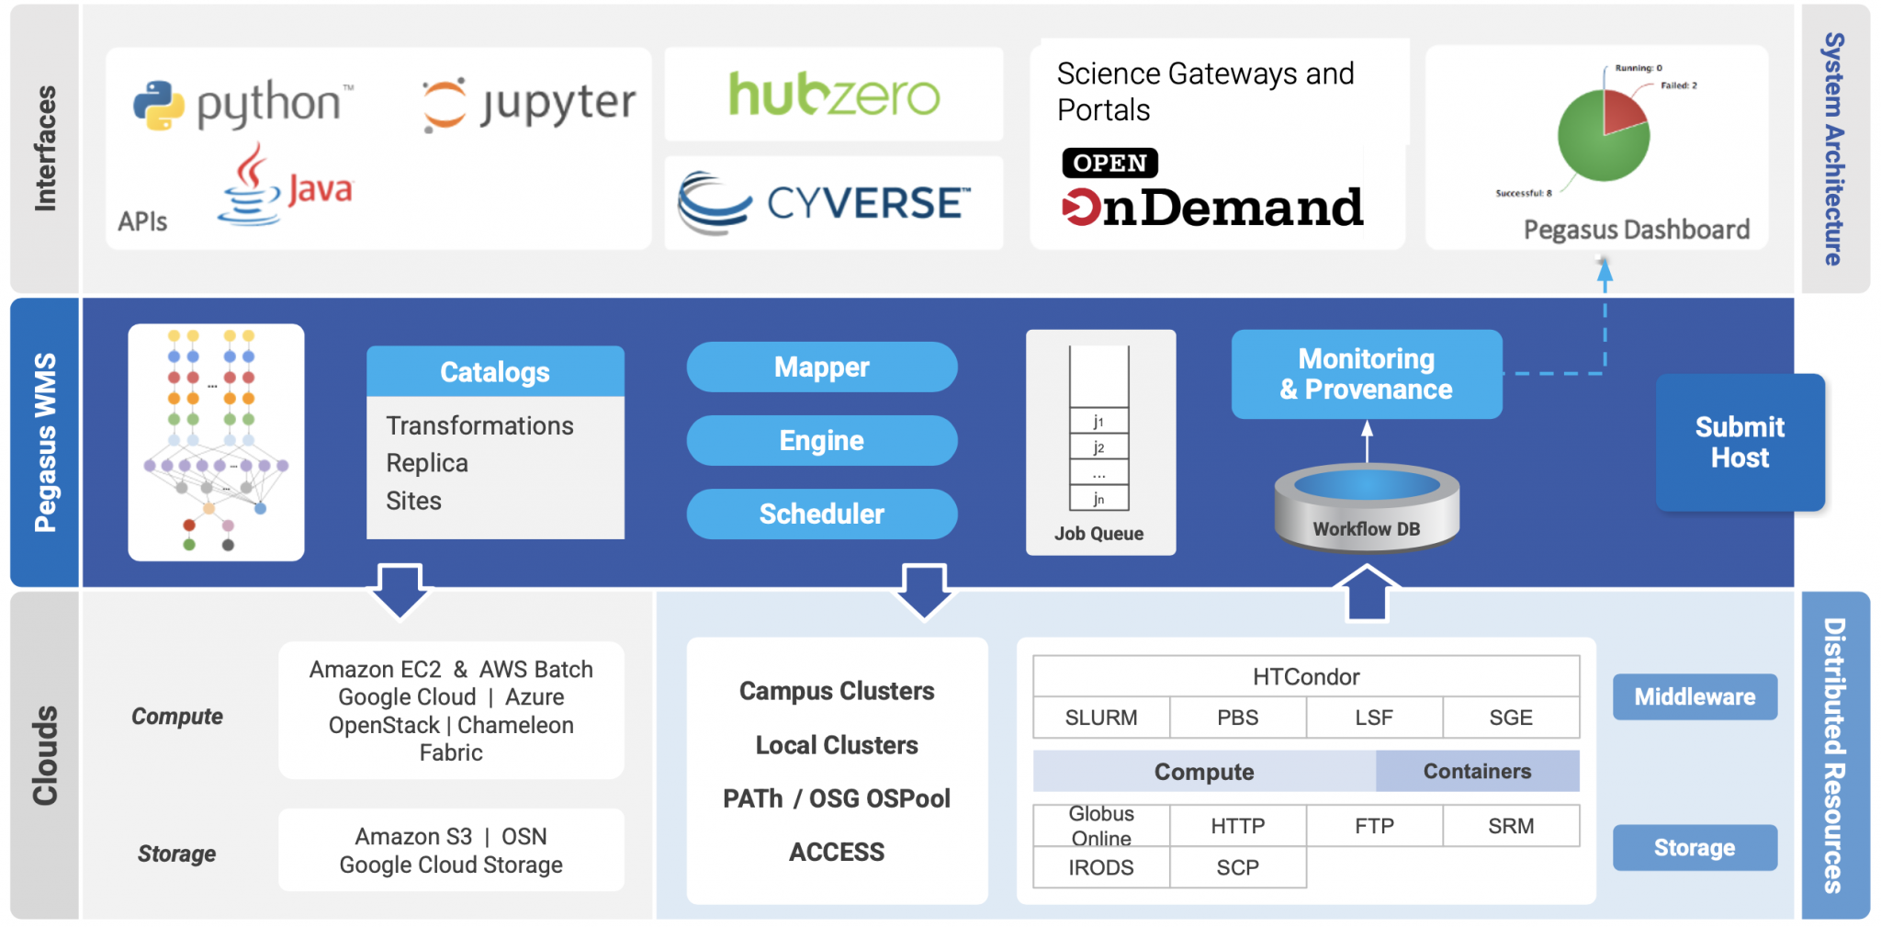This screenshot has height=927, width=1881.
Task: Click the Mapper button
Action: click(822, 367)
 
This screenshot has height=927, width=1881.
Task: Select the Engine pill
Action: click(822, 440)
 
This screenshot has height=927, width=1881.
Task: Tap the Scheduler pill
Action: click(822, 514)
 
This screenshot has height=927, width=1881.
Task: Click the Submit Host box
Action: click(1740, 442)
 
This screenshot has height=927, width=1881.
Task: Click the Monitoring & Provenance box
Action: click(1367, 374)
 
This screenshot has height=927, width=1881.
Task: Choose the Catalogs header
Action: click(495, 371)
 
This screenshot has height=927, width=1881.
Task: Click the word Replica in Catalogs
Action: click(427, 463)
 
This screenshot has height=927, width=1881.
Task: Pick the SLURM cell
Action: click(1101, 718)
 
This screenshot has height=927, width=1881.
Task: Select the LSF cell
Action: click(1374, 718)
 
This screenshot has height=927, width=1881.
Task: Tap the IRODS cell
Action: click(1101, 867)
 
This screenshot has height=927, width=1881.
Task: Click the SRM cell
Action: click(1511, 826)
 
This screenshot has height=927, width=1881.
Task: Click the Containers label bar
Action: click(1477, 771)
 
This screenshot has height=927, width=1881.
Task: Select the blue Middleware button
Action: click(1695, 696)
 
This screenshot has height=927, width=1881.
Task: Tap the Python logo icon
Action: click(159, 105)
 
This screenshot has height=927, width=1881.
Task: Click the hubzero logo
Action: click(834, 94)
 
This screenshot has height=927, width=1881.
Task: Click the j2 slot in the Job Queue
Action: click(1098, 447)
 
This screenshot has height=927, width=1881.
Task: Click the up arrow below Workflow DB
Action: click(1367, 593)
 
